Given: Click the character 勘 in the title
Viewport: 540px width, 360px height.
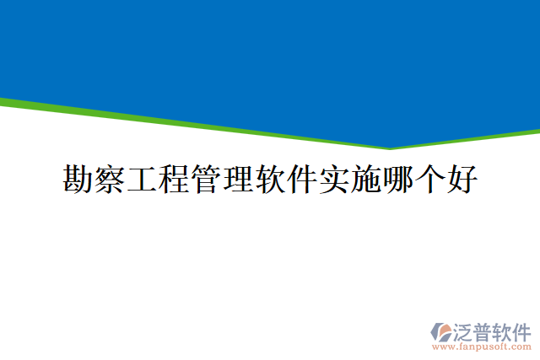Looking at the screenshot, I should tap(78, 180).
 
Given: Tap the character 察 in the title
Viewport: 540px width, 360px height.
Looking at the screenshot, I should tap(111, 180).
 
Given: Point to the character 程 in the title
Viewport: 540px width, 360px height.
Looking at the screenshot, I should tap(174, 180).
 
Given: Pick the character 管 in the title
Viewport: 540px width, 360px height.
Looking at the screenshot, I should tap(206, 180).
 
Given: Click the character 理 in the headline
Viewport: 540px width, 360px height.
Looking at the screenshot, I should tap(238, 180).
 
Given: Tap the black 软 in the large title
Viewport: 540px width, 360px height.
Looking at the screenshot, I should tap(270, 180).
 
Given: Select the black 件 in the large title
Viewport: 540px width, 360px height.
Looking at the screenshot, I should tap(302, 180).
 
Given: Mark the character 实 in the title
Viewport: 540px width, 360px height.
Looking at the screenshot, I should tap(334, 180).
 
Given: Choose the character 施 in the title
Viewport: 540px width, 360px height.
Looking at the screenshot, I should tap(366, 180).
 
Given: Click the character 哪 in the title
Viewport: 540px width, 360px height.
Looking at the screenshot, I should tap(398, 180).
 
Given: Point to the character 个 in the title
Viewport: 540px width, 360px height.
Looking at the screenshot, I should tap(430, 180).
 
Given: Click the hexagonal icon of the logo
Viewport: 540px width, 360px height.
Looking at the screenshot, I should tap(442, 331).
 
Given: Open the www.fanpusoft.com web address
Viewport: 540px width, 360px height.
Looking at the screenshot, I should tap(482, 347).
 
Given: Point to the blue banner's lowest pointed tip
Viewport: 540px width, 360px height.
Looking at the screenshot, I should tap(390, 148).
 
